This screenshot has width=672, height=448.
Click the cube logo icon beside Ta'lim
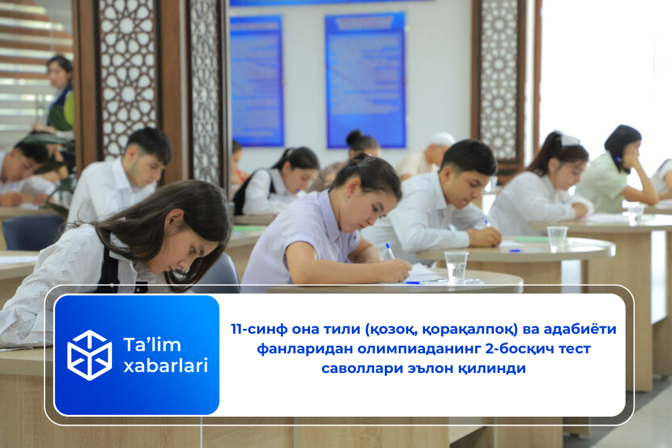pos(90,355)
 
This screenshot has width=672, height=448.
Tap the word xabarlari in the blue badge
pos(165,366)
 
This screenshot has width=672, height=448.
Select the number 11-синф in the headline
pos(258,329)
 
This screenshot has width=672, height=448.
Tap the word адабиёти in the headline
pos(582,329)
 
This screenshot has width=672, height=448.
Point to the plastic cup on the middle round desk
pos(557,238)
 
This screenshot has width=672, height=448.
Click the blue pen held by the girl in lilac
pos(390,250)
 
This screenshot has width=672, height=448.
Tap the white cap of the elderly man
pos(442,138)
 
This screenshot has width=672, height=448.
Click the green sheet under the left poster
pos(249,228)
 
